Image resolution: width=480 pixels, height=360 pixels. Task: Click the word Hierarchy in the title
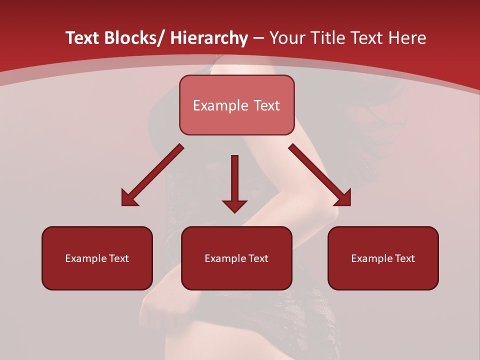coord(209,38)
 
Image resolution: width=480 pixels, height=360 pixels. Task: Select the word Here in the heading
coord(408,38)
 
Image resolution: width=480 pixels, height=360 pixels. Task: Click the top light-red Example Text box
coord(236,105)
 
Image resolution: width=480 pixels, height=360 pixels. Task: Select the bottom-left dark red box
coord(97,258)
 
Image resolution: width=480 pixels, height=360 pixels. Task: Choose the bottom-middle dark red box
coord(236,258)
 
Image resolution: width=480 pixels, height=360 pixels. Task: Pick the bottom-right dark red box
coord(383,258)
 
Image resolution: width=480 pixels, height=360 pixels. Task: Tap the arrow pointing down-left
coord(152,175)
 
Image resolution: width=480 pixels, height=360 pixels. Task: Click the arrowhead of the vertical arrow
coord(234,205)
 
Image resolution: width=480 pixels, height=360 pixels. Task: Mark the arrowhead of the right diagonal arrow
coord(344,198)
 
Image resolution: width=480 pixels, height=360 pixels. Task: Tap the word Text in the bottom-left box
coord(119,258)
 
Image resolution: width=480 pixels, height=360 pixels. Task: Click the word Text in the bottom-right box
coord(405,258)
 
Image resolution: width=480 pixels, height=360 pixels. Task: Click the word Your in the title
coord(286,38)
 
